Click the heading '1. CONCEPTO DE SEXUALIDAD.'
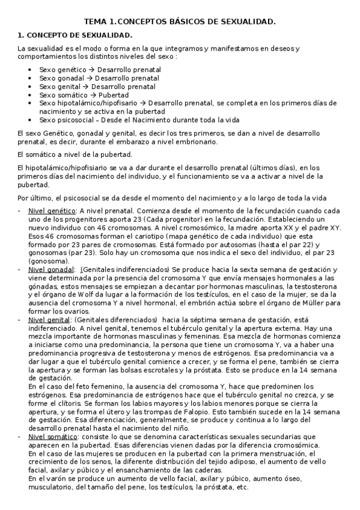tap(75, 35)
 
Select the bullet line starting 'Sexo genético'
tap(100, 70)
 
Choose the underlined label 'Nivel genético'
tap(52, 211)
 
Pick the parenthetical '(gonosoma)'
tap(48, 262)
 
